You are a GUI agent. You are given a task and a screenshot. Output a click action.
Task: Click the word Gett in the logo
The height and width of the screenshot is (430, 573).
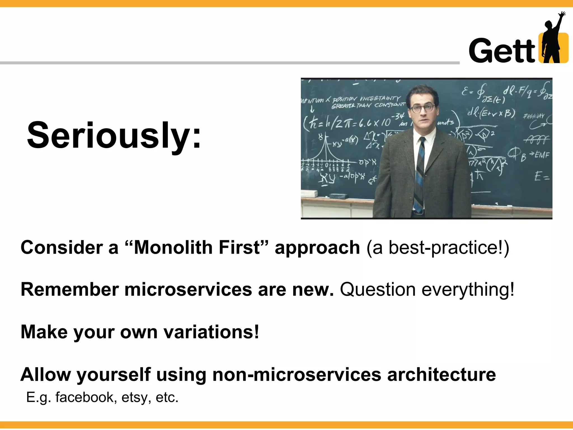[x=502, y=51]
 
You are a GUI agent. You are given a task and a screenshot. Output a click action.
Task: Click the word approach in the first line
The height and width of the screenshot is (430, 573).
[x=317, y=248]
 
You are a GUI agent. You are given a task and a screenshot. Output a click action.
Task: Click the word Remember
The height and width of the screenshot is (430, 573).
[x=70, y=289]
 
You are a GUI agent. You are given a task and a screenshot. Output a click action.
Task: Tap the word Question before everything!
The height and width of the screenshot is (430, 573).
[x=377, y=289]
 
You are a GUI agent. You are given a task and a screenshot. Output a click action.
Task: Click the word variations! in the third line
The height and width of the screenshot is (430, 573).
[x=211, y=332]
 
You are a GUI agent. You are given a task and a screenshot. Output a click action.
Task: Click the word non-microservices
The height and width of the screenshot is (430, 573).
[x=297, y=375]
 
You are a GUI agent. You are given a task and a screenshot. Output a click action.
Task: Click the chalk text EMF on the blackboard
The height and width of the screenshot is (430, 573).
[x=542, y=155]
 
